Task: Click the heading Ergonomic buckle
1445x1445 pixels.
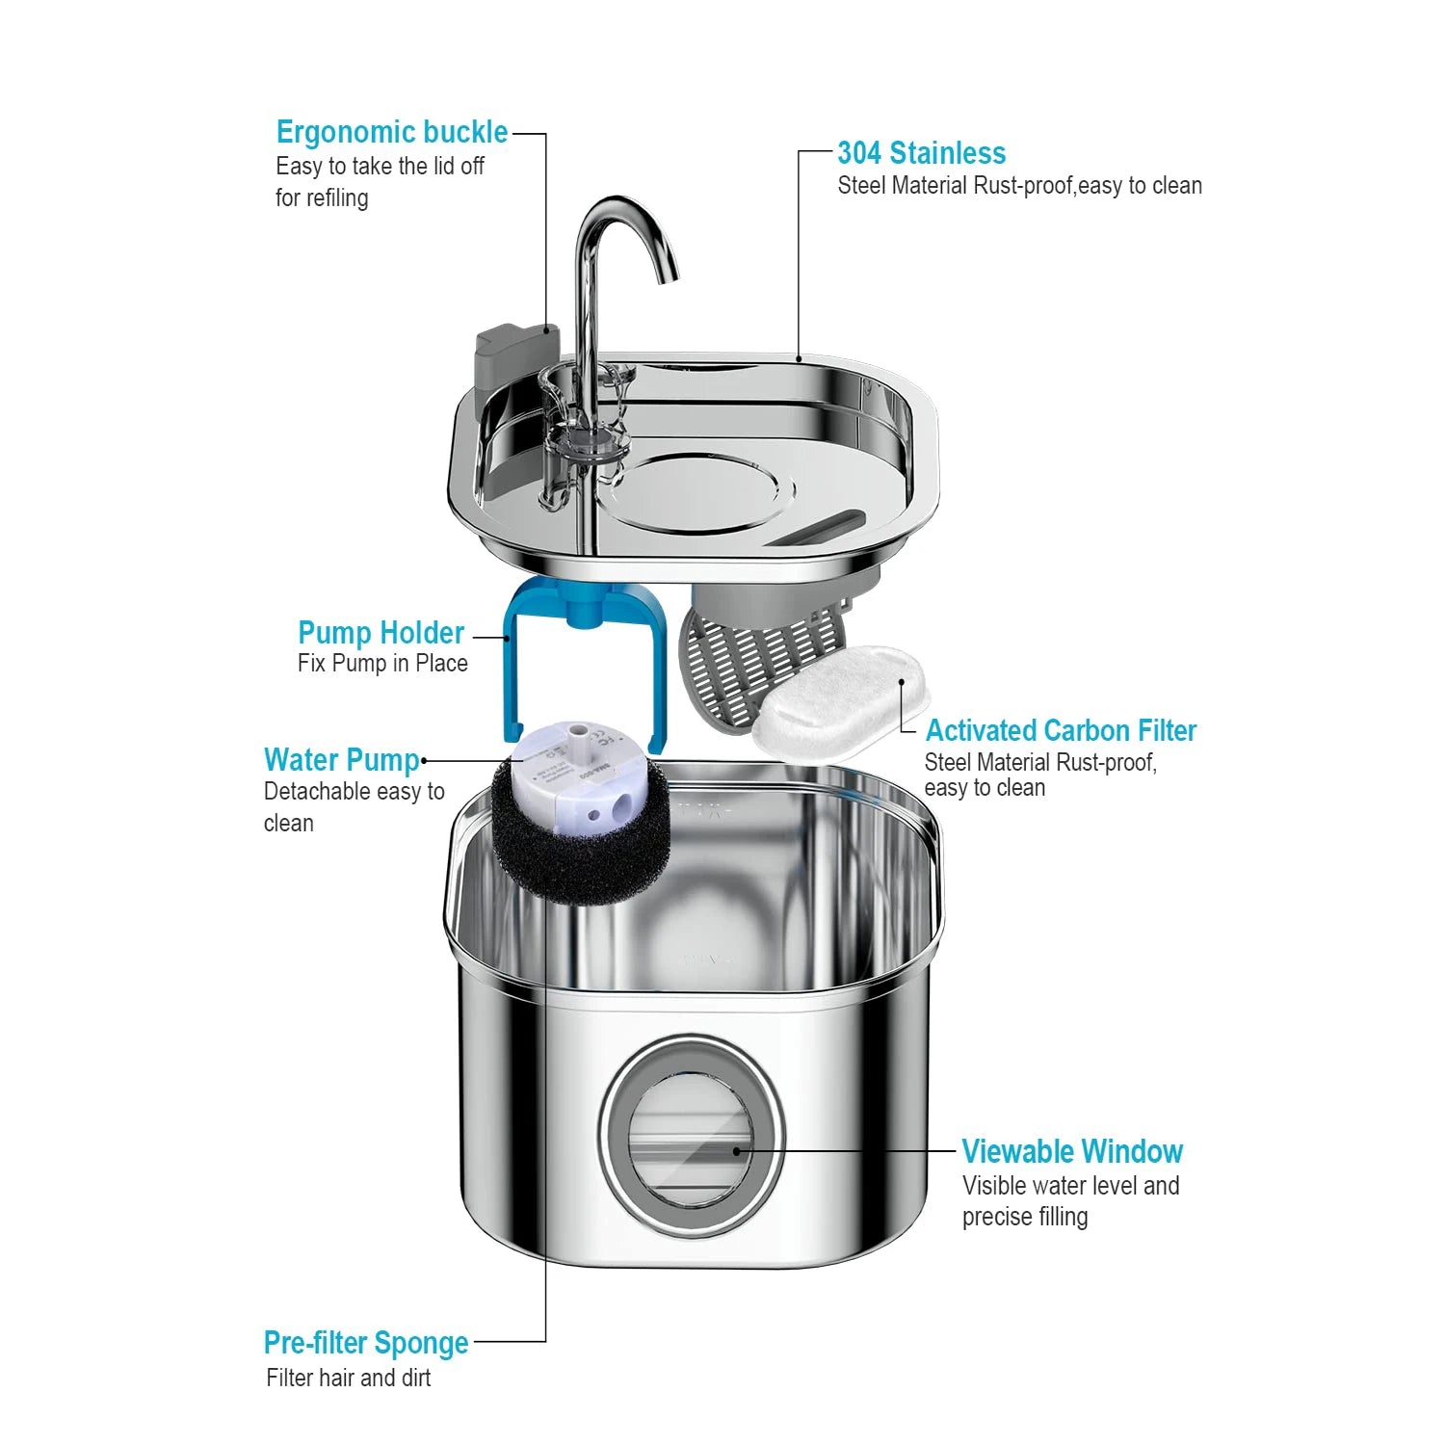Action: (x=391, y=132)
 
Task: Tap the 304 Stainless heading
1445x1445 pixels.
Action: (x=921, y=153)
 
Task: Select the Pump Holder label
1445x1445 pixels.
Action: (x=381, y=633)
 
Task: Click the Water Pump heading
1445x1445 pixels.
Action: (x=342, y=760)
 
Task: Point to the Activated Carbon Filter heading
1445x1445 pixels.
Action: (x=1061, y=730)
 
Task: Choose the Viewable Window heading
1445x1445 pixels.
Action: (x=1071, y=1151)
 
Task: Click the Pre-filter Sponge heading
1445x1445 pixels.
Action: (x=366, y=1343)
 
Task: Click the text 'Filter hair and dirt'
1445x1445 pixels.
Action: (x=349, y=1378)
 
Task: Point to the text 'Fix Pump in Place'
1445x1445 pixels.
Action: (x=382, y=664)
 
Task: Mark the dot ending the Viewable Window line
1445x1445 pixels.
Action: (x=737, y=1150)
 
